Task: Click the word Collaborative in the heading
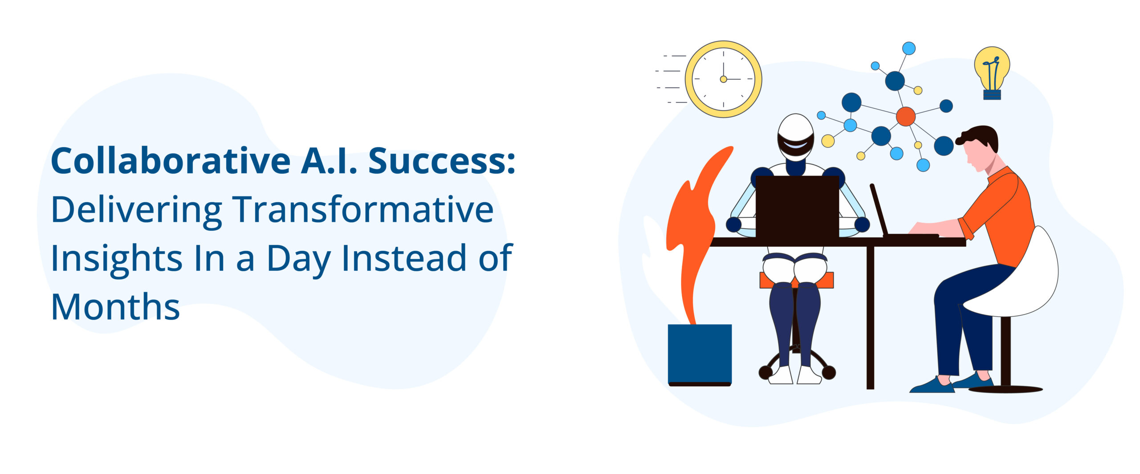click(x=171, y=161)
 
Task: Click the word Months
click(x=115, y=307)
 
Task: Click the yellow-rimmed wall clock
click(x=723, y=79)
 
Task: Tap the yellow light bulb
click(x=992, y=67)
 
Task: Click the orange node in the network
click(x=905, y=116)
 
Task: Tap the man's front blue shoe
click(x=931, y=386)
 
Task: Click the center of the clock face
click(x=723, y=79)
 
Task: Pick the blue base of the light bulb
click(x=992, y=94)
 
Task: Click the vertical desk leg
click(x=870, y=316)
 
